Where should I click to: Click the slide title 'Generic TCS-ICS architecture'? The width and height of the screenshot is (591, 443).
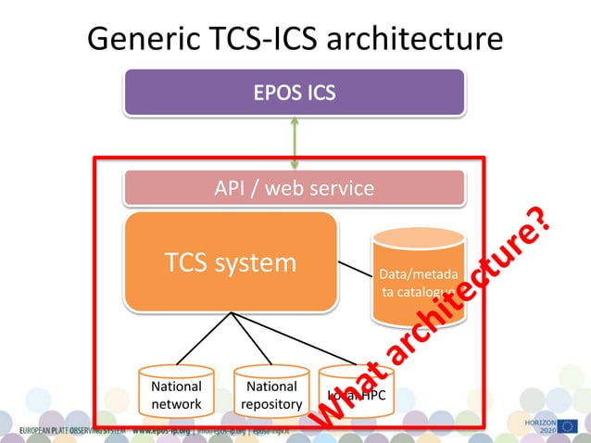pos(295,39)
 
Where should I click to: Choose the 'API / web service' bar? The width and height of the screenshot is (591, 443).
pos(295,188)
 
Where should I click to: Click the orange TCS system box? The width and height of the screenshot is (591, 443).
pos(231,262)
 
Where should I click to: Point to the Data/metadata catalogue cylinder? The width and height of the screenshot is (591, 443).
pos(417,278)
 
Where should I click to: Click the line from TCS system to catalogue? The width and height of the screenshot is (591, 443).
pos(354,271)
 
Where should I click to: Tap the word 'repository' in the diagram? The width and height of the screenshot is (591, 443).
pos(271,404)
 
